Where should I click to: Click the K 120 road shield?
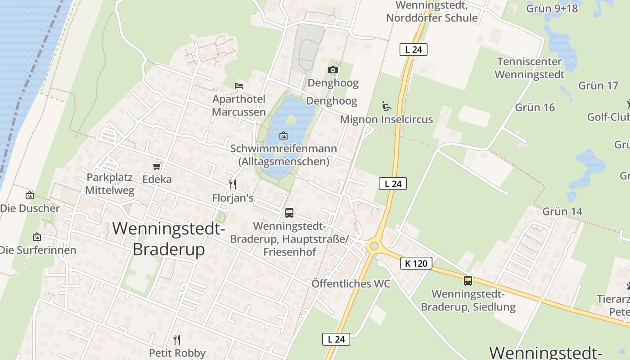pyautogui.click(x=416, y=263)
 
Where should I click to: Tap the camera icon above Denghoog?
pyautogui.click(x=333, y=70)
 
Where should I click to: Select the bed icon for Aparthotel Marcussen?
pyautogui.click(x=239, y=85)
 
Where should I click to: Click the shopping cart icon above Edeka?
pyautogui.click(x=157, y=166)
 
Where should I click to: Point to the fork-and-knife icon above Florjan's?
pyautogui.click(x=233, y=184)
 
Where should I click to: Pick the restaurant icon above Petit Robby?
pyautogui.click(x=177, y=339)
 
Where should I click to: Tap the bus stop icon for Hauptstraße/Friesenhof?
pyautogui.click(x=289, y=212)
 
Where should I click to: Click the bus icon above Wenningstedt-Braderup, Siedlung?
pyautogui.click(x=468, y=281)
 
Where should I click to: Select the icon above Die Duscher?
pyautogui.click(x=30, y=195)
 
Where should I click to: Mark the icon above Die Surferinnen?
pyautogui.click(x=37, y=237)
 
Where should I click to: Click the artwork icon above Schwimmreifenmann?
pyautogui.click(x=283, y=135)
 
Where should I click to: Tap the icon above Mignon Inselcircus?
pyautogui.click(x=386, y=106)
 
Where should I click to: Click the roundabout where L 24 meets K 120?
pyautogui.click(x=373, y=246)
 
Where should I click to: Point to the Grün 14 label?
pyautogui.click(x=562, y=211)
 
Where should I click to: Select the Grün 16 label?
pyautogui.click(x=535, y=108)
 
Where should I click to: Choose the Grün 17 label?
pyautogui.click(x=598, y=85)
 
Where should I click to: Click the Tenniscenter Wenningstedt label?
pyautogui.click(x=530, y=68)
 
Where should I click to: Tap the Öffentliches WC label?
pyautogui.click(x=351, y=284)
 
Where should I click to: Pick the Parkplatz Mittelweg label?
pyautogui.click(x=110, y=184)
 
